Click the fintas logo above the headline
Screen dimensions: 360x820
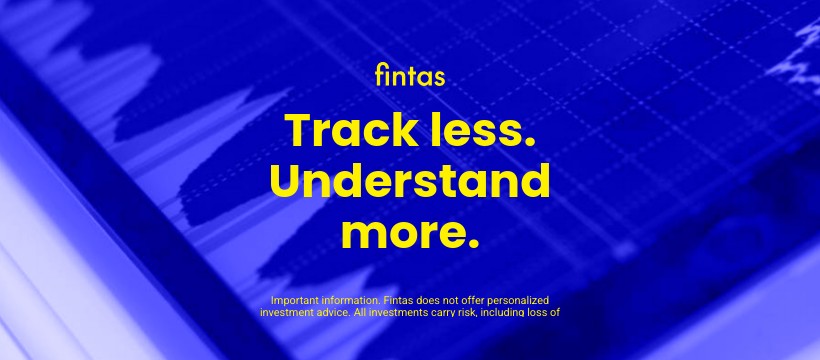coord(409,75)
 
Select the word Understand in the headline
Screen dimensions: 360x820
coord(410,182)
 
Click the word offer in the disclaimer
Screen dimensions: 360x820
coord(482,300)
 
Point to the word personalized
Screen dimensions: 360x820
coord(524,300)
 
